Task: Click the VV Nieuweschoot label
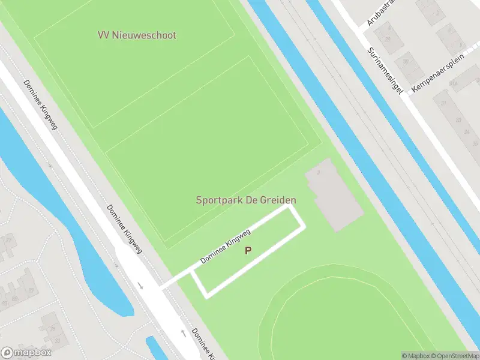click(137, 35)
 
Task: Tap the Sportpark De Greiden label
click(246, 200)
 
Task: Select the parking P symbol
click(248, 251)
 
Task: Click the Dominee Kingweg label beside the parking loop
click(225, 245)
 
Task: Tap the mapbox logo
click(26, 353)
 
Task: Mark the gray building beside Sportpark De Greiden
click(334, 195)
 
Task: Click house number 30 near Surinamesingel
click(406, 61)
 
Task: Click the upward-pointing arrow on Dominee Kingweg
click(184, 332)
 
